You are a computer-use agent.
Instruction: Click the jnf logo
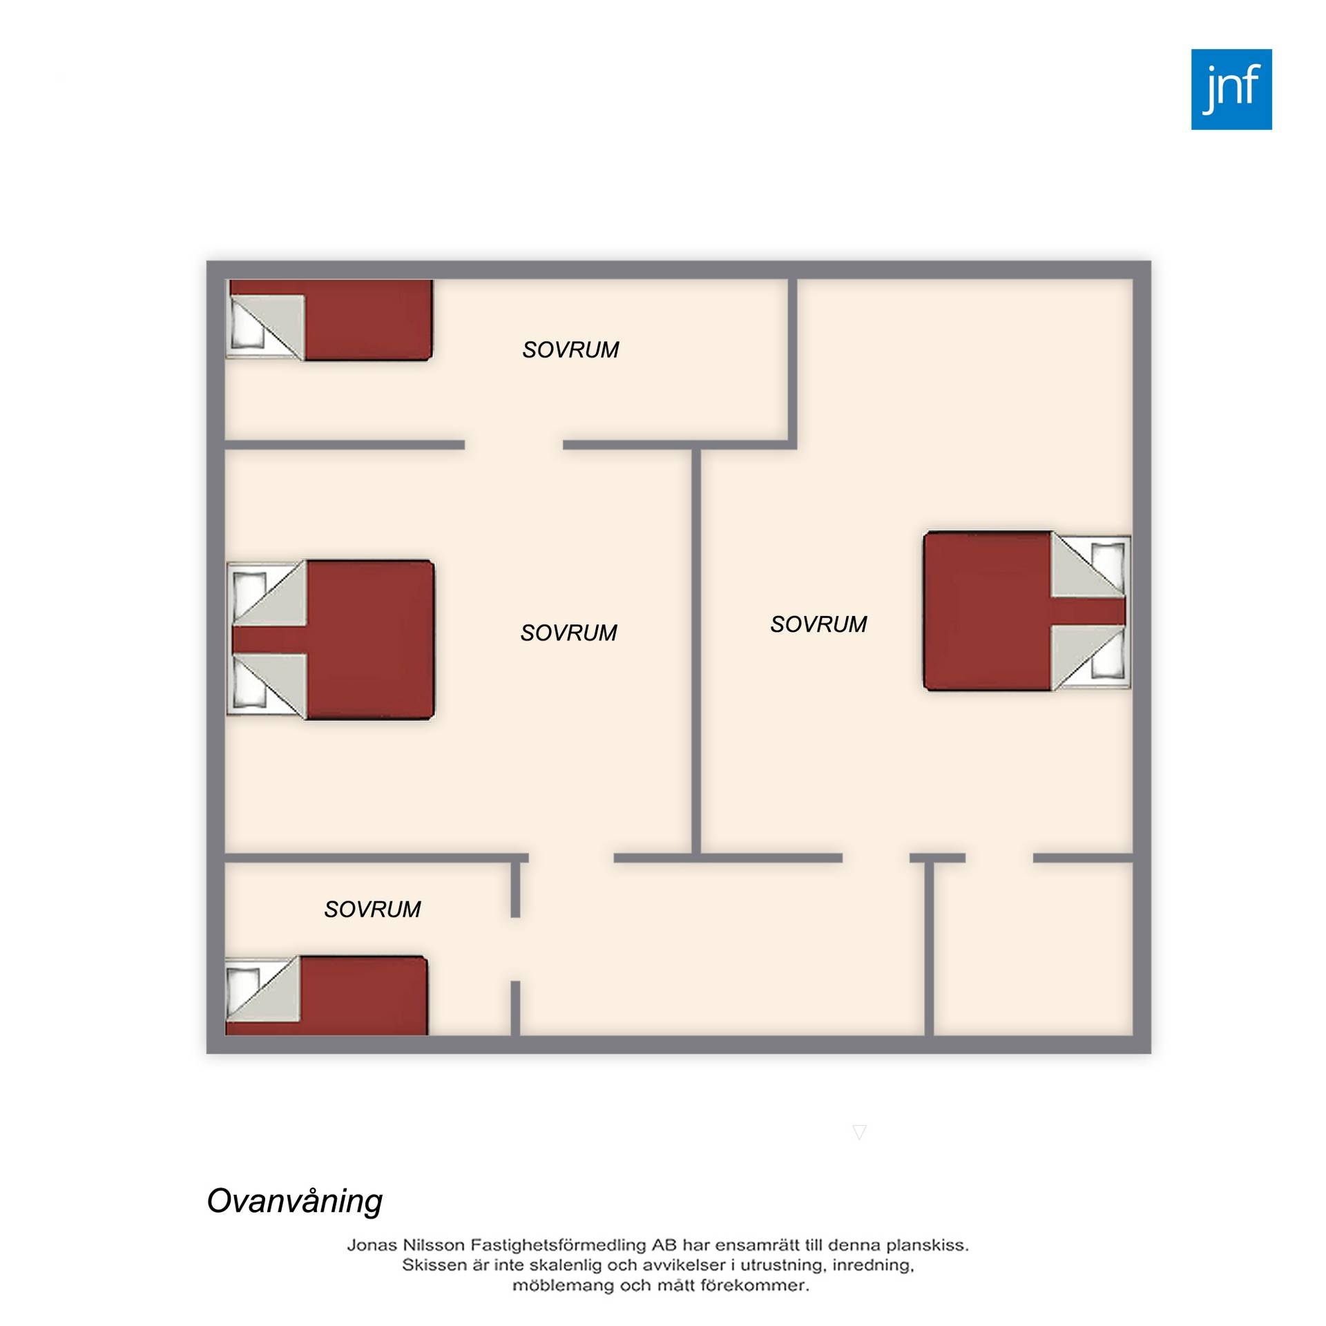point(1231,89)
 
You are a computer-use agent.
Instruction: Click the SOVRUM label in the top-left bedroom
point(570,350)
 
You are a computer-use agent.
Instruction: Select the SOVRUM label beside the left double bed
point(568,633)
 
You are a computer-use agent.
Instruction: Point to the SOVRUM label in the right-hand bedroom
point(818,624)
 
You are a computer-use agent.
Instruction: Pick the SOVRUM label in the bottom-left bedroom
point(372,909)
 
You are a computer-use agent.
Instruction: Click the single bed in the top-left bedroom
point(329,320)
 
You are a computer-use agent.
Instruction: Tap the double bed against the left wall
point(331,640)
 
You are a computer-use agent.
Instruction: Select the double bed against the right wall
point(1027,611)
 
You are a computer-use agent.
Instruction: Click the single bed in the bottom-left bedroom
point(327,996)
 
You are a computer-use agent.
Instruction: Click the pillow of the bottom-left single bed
point(242,991)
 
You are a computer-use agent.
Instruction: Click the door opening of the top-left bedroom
point(514,445)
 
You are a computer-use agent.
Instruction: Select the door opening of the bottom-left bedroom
point(515,949)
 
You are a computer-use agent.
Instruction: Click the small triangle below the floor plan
point(860,1131)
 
